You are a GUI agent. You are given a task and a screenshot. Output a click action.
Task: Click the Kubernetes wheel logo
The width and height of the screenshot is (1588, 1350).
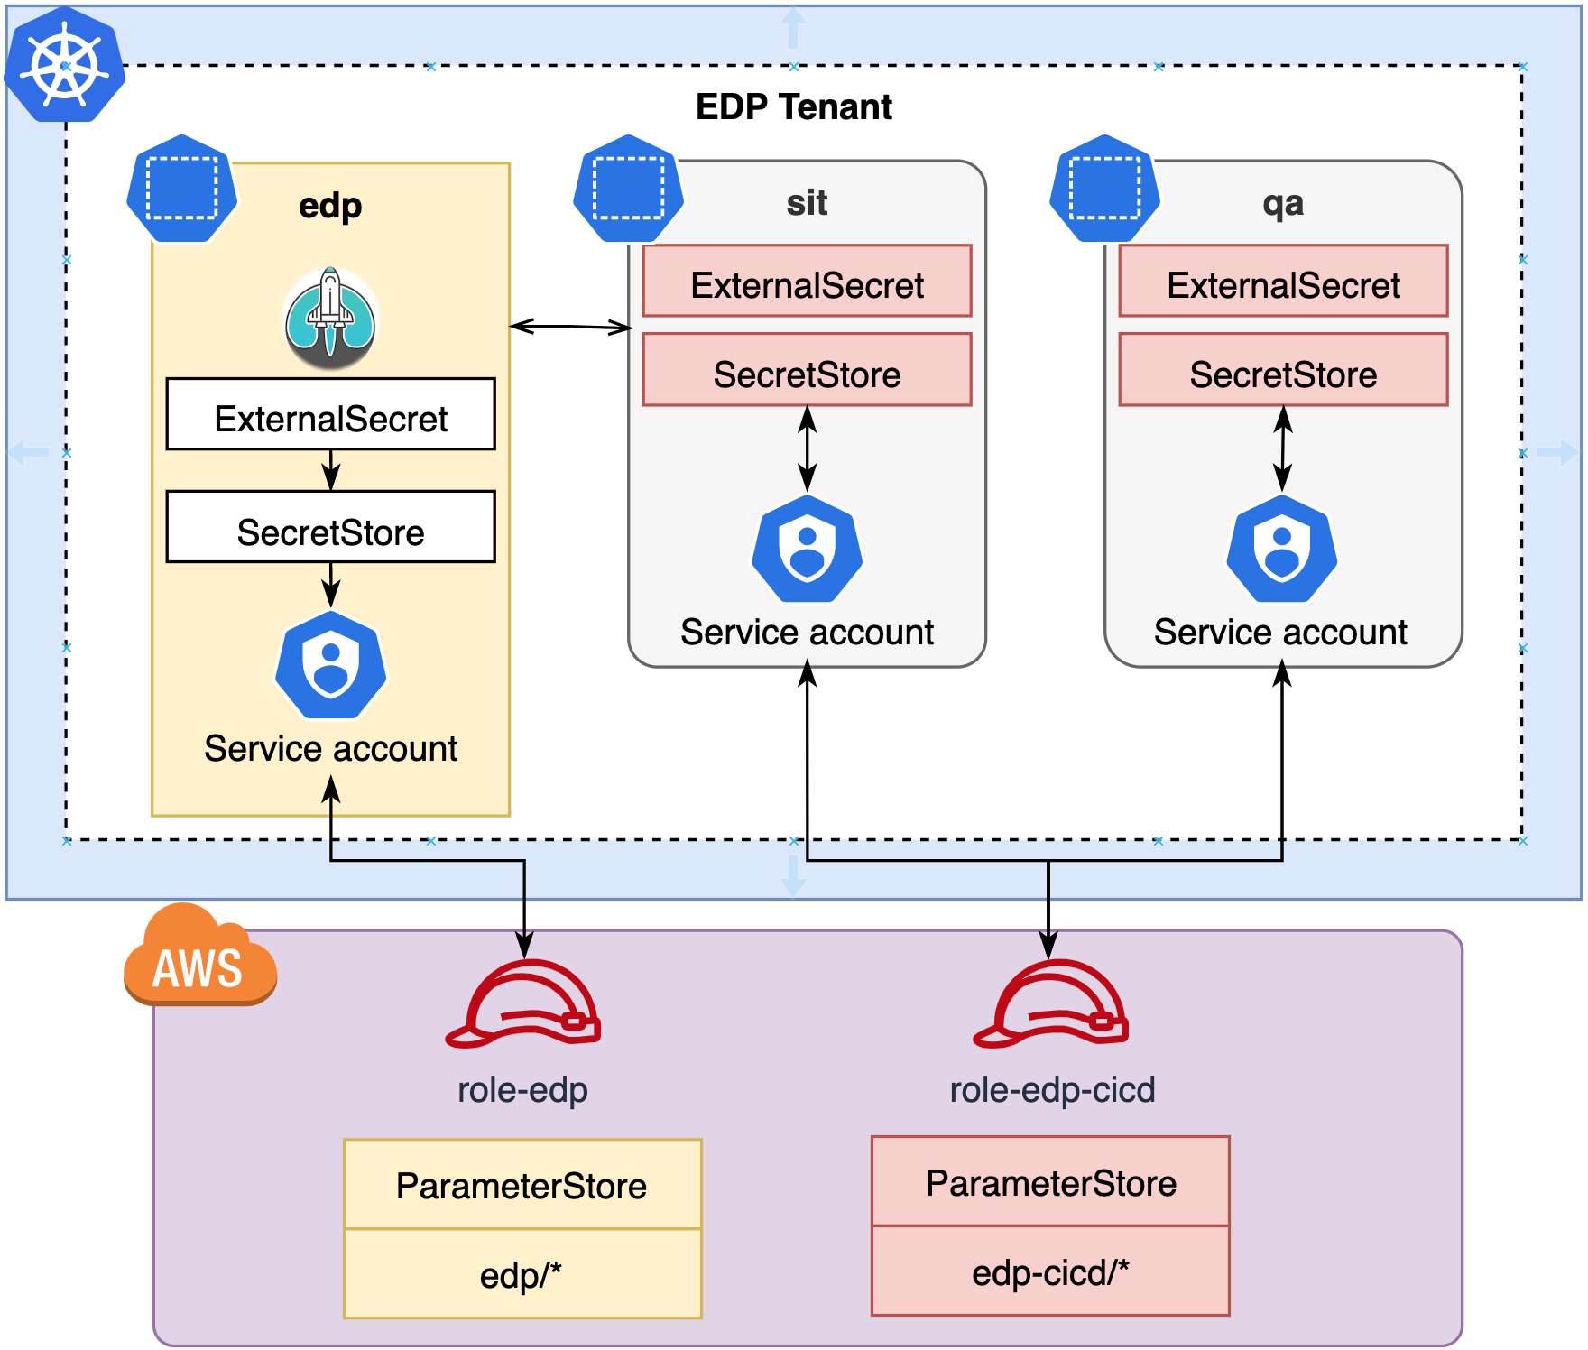64,65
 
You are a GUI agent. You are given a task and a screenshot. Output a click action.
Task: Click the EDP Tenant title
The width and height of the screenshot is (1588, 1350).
793,106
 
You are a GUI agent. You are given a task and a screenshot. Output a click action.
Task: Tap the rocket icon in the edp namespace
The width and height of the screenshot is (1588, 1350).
331,318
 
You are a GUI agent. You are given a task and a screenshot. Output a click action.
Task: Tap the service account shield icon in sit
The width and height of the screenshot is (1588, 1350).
807,549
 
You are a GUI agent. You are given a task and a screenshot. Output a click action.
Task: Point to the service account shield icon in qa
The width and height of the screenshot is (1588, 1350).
1281,549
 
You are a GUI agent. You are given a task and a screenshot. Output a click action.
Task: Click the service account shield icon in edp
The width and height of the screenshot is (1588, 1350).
331,665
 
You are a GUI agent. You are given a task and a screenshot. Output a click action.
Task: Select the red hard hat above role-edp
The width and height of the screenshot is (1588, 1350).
524,1004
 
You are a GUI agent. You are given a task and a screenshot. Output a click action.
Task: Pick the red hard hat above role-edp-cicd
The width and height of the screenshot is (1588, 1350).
1051,1004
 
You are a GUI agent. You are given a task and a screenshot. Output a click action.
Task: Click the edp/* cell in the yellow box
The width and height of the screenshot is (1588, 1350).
522,1274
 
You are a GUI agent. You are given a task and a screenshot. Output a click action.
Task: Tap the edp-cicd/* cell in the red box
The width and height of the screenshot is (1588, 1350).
1050,1271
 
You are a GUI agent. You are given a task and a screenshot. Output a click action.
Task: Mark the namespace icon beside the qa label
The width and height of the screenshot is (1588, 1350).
1104,189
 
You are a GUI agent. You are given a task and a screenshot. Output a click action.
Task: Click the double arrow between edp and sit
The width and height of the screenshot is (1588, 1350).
570,327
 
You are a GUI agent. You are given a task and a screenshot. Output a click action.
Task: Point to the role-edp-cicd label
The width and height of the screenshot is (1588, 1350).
1052,1090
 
